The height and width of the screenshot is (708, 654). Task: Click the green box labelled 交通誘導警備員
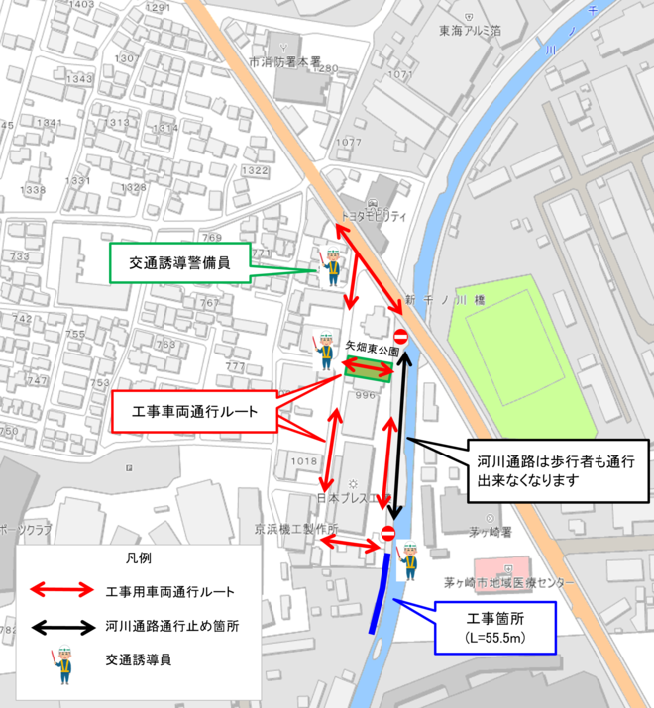click(180, 263)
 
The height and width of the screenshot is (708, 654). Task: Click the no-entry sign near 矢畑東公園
click(401, 336)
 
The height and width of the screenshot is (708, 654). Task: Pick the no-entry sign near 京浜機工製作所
click(388, 535)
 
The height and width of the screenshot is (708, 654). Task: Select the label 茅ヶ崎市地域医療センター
click(508, 584)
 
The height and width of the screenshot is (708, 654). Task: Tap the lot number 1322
click(256, 171)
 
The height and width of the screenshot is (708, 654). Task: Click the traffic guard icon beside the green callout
click(330, 266)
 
